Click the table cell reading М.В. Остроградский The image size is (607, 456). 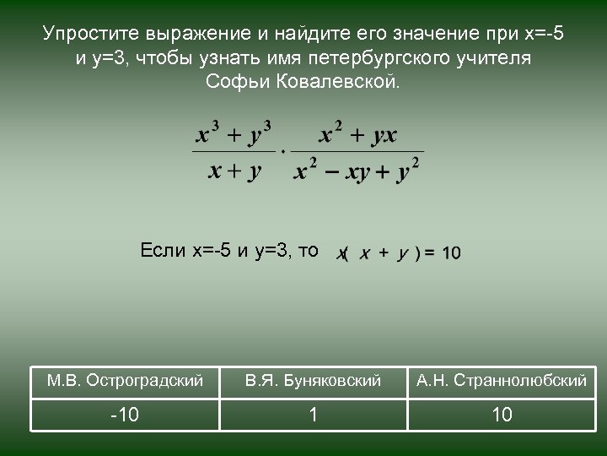pyautogui.click(x=125, y=381)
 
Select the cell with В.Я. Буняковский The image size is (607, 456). pyautogui.click(x=314, y=381)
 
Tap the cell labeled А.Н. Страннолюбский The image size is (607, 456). pyautogui.click(x=502, y=381)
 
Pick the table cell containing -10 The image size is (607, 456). pyautogui.click(x=125, y=415)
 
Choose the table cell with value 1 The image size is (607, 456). pyautogui.click(x=314, y=415)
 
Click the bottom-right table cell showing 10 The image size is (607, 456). pyautogui.click(x=502, y=415)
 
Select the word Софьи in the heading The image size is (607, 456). pyautogui.click(x=232, y=84)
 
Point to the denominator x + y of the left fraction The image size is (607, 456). pyautogui.click(x=234, y=171)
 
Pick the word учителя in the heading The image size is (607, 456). pyautogui.click(x=497, y=59)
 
